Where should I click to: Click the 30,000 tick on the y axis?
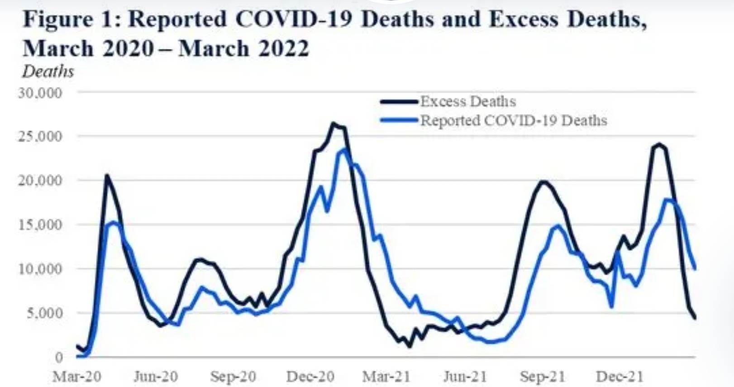click(x=40, y=93)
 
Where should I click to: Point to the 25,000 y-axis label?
click(x=40, y=136)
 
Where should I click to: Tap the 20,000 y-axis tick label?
click(x=40, y=180)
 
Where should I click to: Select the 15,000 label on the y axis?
click(x=40, y=225)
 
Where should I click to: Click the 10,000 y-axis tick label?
click(x=40, y=268)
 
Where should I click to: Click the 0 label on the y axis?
click(x=59, y=357)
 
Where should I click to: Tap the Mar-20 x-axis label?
click(x=77, y=376)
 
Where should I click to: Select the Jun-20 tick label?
click(x=156, y=376)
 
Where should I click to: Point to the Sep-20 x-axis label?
click(x=233, y=376)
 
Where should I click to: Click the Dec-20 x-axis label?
click(x=310, y=376)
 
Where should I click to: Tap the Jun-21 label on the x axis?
click(x=465, y=376)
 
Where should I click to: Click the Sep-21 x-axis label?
click(x=543, y=376)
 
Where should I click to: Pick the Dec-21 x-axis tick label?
click(x=620, y=376)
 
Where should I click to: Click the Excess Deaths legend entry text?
click(x=468, y=101)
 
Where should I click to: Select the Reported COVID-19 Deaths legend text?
click(x=514, y=121)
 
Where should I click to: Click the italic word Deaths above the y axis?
click(x=48, y=72)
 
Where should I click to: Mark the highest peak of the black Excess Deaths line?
click(x=334, y=123)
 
